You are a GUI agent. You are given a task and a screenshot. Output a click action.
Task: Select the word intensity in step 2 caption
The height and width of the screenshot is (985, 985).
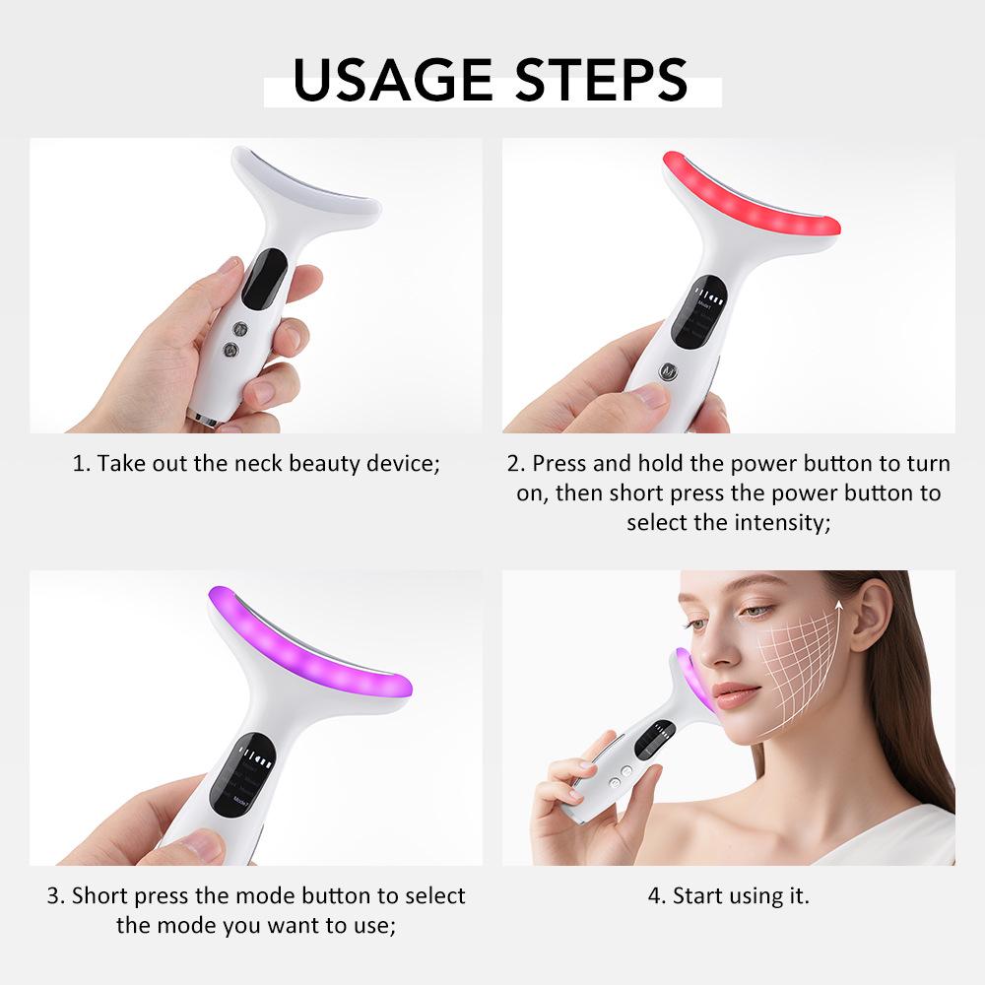(779, 521)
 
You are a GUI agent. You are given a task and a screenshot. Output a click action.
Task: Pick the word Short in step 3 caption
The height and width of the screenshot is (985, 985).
(100, 896)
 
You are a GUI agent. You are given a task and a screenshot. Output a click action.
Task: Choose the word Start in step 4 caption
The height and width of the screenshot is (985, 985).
(696, 896)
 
